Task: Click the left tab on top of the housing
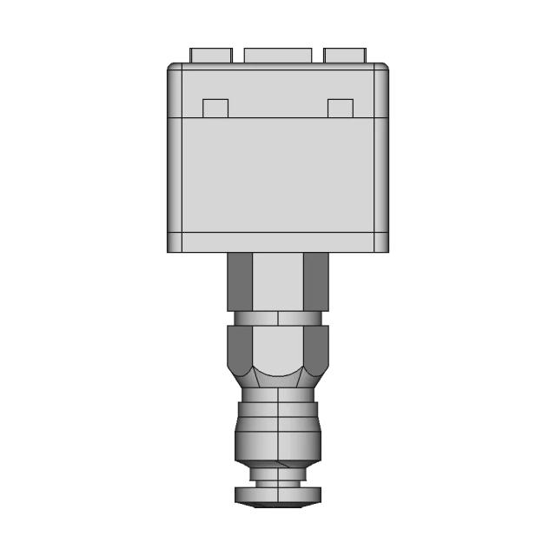pyautogui.click(x=211, y=55)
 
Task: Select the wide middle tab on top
pyautogui.click(x=278, y=55)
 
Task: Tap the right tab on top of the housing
pyautogui.click(x=345, y=55)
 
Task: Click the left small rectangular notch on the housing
pyautogui.click(x=215, y=108)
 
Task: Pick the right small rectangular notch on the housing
pyautogui.click(x=341, y=108)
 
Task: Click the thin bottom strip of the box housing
pyautogui.click(x=278, y=243)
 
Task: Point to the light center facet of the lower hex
pyautogui.click(x=278, y=347)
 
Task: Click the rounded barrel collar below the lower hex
pyautogui.click(x=278, y=426)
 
